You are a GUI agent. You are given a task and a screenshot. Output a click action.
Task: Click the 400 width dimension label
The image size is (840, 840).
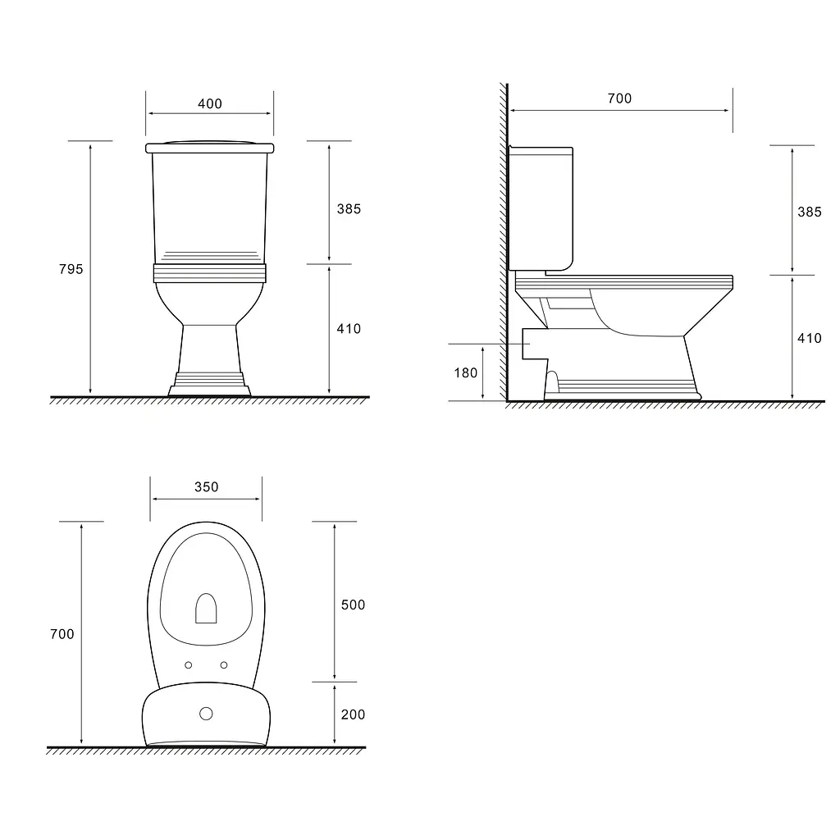(x=209, y=103)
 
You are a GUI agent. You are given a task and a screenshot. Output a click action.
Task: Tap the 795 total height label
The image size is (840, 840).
(x=71, y=269)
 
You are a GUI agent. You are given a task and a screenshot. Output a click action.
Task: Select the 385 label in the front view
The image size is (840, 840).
(x=349, y=209)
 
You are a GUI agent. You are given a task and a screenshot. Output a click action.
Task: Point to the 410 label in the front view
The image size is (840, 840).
(x=349, y=328)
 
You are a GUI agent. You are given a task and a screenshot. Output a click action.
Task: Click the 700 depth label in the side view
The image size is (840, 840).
(x=620, y=98)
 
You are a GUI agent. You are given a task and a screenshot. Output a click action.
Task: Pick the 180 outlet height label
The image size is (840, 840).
(x=466, y=373)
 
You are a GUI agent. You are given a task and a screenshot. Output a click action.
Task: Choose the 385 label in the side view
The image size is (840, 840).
(x=810, y=212)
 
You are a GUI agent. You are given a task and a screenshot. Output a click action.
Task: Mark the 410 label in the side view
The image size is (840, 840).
(x=810, y=338)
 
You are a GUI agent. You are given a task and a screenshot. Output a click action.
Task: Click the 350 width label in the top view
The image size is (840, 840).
(x=206, y=487)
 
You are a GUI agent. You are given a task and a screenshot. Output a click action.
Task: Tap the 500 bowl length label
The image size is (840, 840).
(x=353, y=605)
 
